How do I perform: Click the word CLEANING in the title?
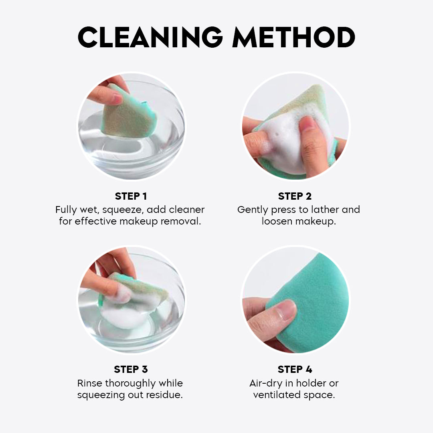point(150,37)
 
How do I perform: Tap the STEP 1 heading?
point(131,196)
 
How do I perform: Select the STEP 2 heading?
point(295,196)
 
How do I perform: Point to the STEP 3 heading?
point(131,369)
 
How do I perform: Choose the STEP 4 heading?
point(295,369)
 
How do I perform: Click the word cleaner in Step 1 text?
point(186,210)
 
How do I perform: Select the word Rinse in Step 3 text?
point(90,383)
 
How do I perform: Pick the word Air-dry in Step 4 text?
point(265,383)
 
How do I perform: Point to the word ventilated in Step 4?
point(277,395)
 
